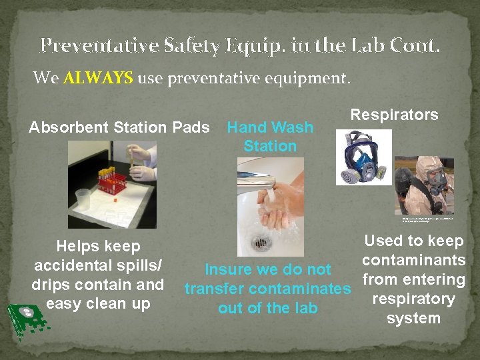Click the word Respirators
[x=394, y=115]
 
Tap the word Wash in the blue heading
[x=291, y=127]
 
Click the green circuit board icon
[x=27, y=319]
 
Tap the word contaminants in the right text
[x=413, y=260]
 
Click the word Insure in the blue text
[x=230, y=270]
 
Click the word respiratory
[x=413, y=299]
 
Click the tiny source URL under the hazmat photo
[x=427, y=219]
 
